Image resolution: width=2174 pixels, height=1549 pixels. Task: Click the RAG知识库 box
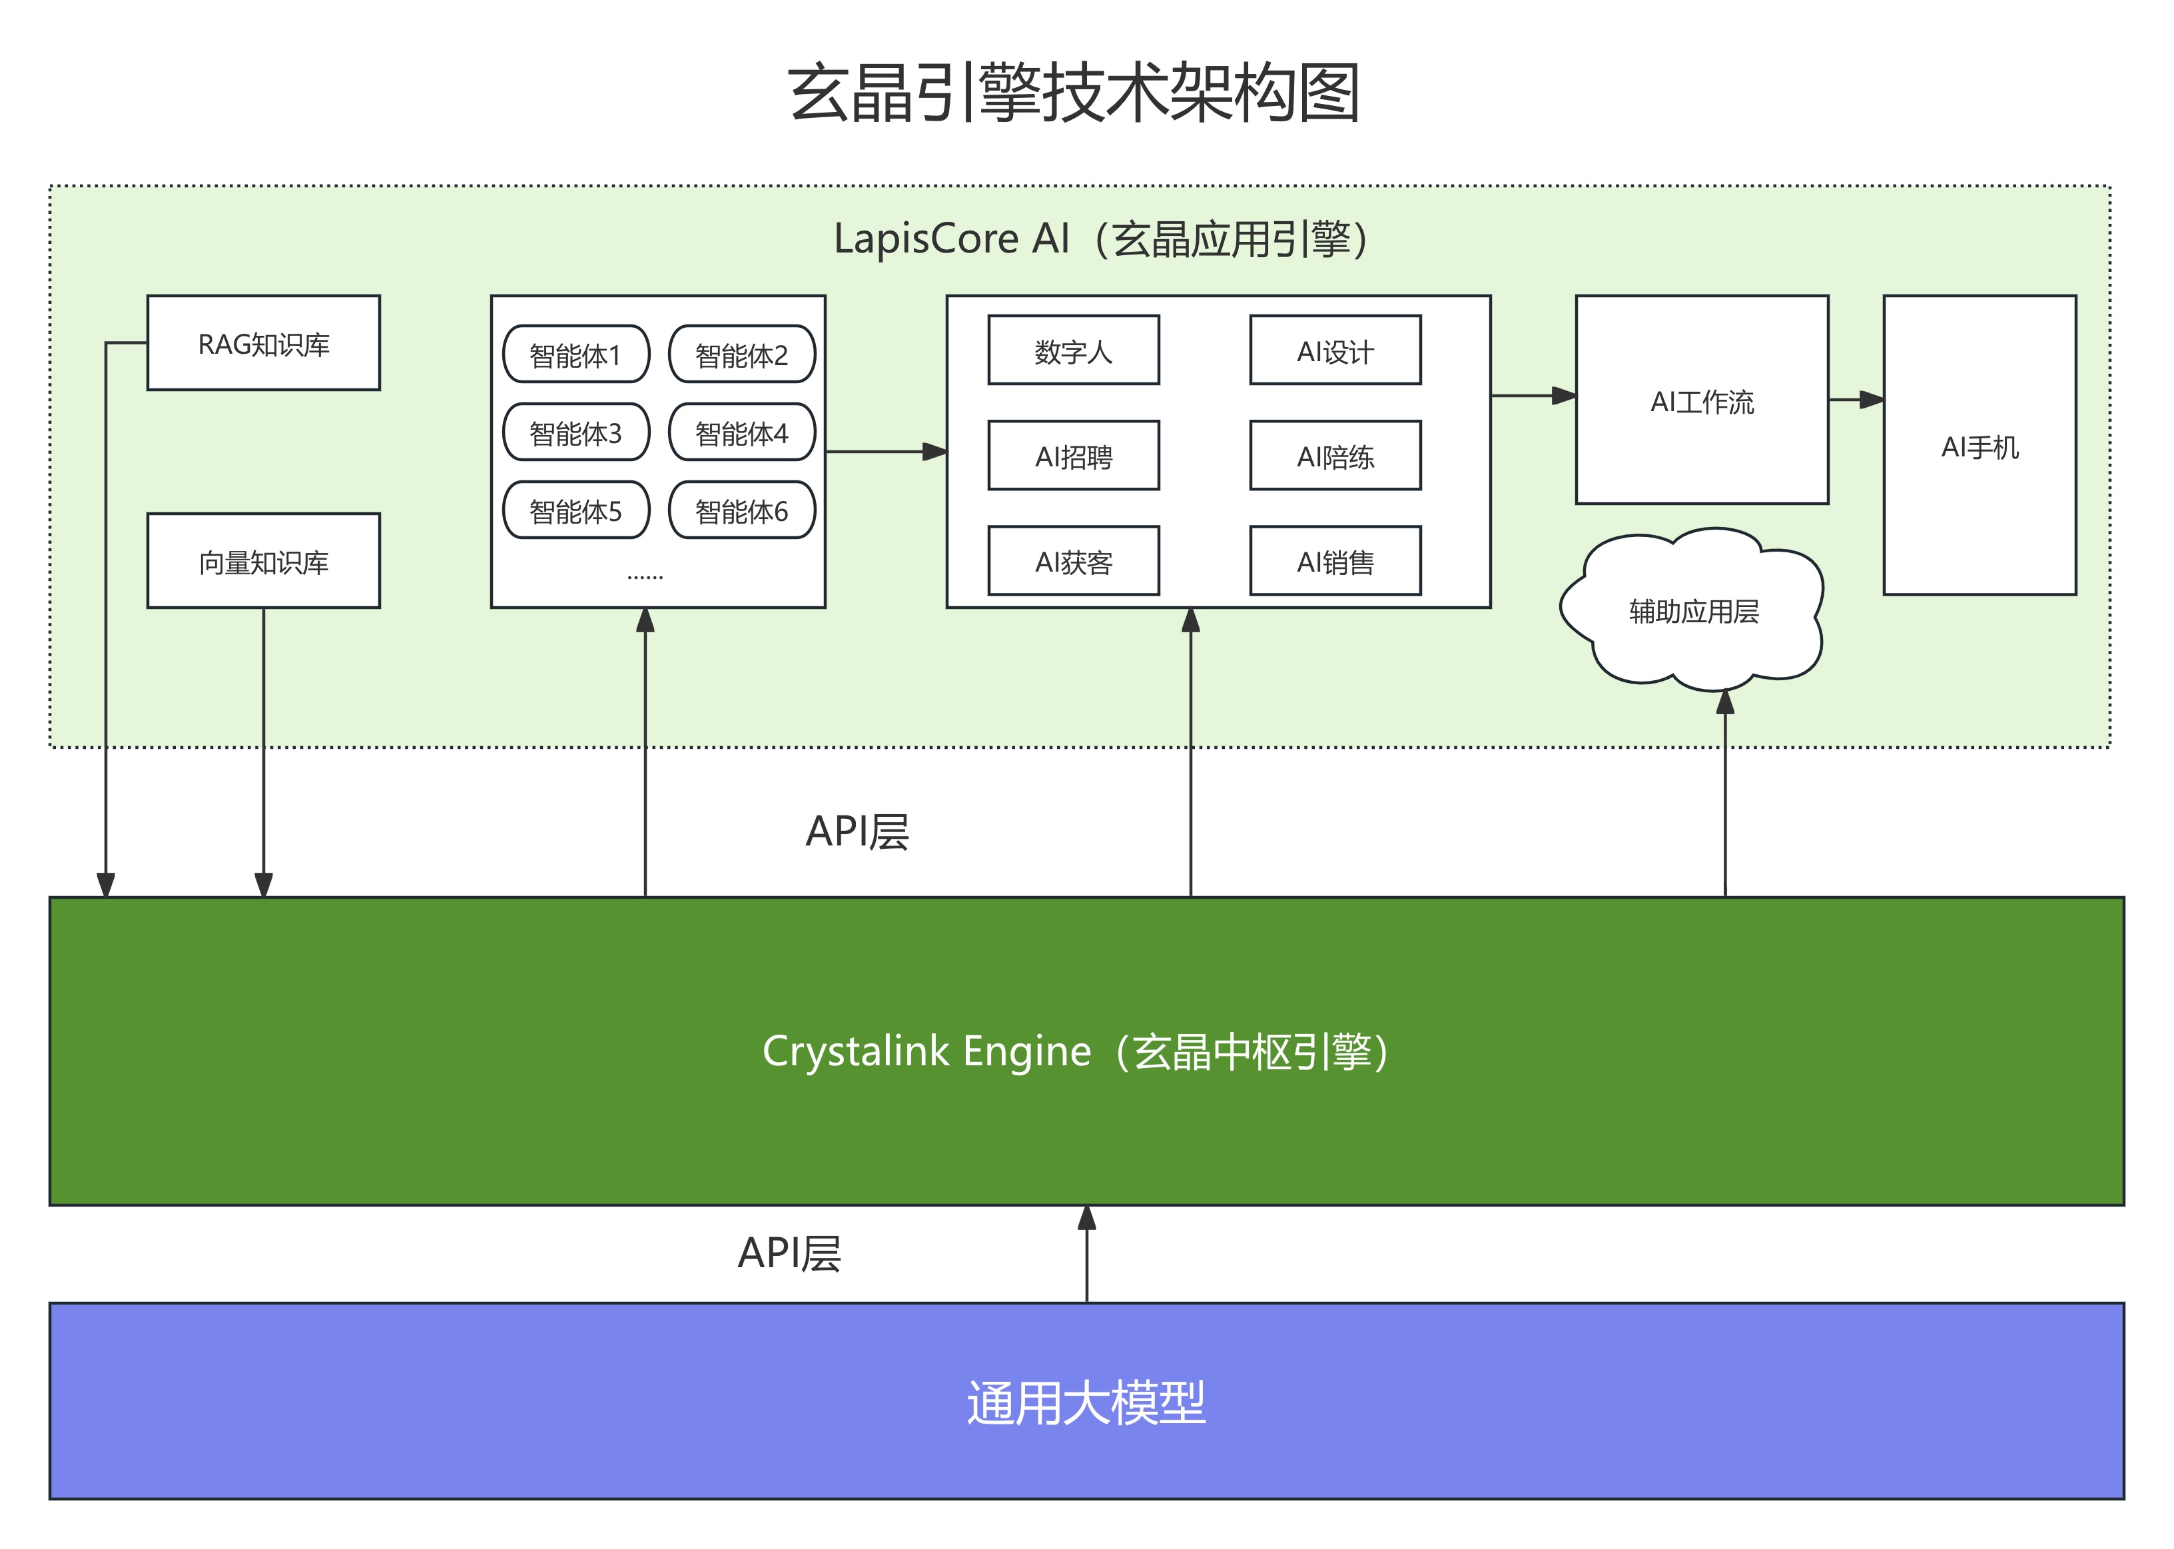[263, 343]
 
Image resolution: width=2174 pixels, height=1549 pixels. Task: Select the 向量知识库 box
[263, 562]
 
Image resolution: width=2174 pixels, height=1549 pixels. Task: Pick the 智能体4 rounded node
[742, 433]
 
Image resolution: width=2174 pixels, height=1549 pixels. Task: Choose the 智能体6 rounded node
[742, 511]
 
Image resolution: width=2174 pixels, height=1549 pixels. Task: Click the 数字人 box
[1074, 351]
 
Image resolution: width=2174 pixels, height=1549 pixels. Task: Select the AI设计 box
[1335, 351]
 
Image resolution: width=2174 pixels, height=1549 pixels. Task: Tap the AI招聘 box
[1074, 456]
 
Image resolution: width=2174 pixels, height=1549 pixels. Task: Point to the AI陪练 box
[1335, 456]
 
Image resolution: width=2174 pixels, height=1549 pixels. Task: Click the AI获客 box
[1074, 562]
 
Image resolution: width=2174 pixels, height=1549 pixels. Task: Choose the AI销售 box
[1335, 562]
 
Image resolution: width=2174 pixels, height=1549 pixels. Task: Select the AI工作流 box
[1702, 400]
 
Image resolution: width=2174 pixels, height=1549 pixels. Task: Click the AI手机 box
[1980, 446]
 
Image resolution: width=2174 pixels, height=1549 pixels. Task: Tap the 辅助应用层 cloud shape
[1693, 610]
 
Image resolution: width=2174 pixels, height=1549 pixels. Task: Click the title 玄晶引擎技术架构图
[1074, 93]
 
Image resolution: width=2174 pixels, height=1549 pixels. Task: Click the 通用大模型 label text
[1086, 1403]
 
